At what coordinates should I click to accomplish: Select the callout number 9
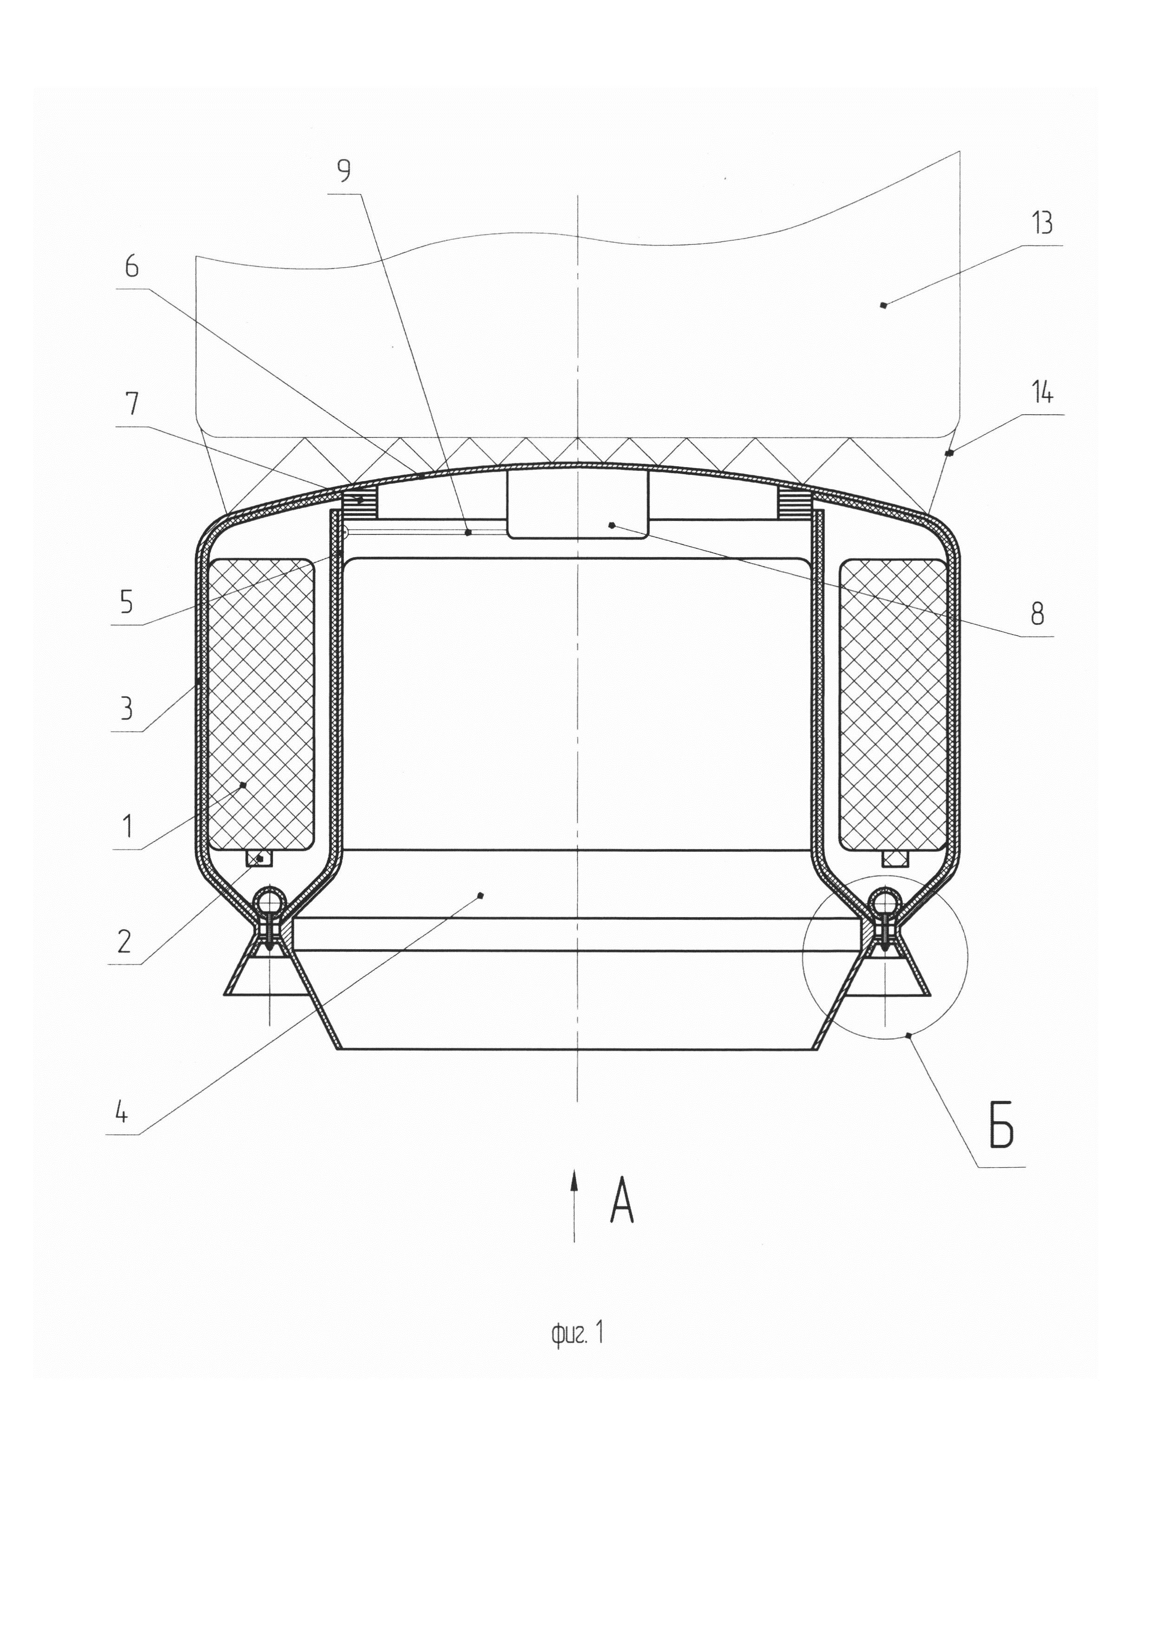pos(344,171)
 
